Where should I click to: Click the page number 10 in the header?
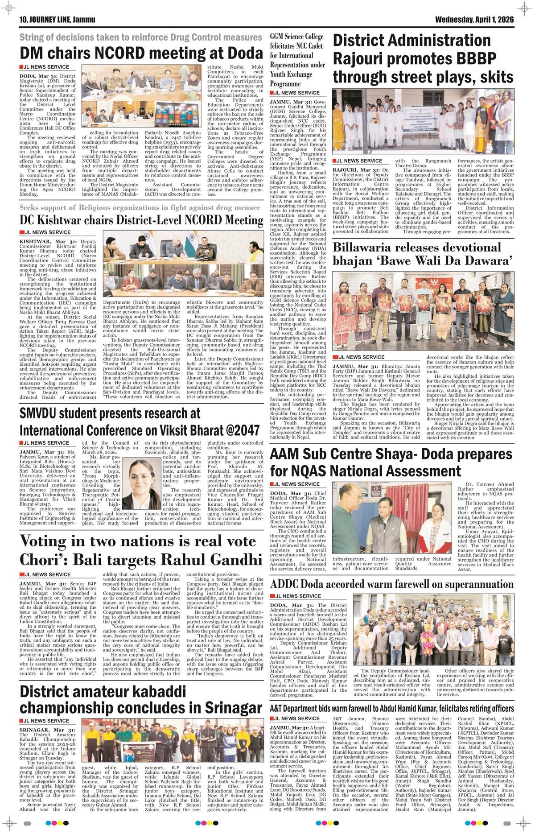[24, 20]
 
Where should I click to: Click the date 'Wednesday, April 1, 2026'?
[474, 20]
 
